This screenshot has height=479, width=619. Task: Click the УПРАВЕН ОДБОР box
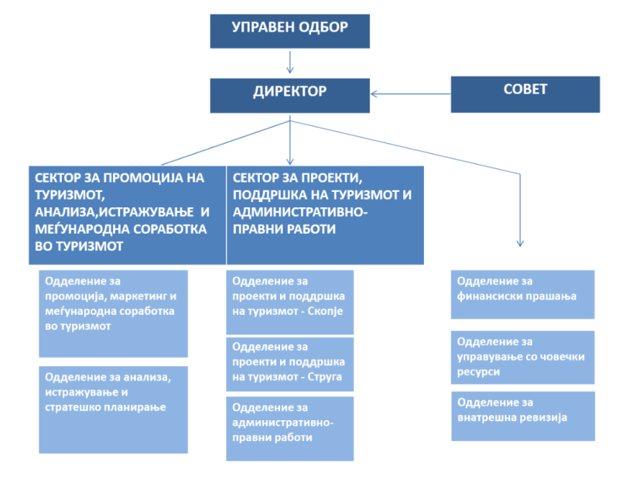coord(289,31)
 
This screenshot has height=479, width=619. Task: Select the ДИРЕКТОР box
coord(289,95)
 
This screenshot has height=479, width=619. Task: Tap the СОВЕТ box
coord(525,94)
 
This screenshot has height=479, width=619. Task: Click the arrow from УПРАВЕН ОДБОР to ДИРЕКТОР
coord(289,63)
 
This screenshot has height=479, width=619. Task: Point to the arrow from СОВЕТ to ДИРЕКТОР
coord(411,94)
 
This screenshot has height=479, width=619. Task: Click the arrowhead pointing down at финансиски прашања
coord(520,243)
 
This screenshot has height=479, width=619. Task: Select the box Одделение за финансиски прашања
coord(523,294)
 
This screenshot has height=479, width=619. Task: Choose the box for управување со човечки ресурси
coord(523,358)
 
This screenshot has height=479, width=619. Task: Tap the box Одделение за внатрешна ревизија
coord(523,416)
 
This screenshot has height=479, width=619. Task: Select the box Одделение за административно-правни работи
coord(289,429)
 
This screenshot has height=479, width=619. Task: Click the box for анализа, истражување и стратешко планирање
coord(113,409)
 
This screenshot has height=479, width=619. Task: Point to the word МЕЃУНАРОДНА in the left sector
coord(80,229)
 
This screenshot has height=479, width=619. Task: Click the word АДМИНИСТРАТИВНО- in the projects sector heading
coord(300,212)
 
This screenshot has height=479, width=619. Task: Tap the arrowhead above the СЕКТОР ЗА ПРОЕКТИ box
coord(289,162)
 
